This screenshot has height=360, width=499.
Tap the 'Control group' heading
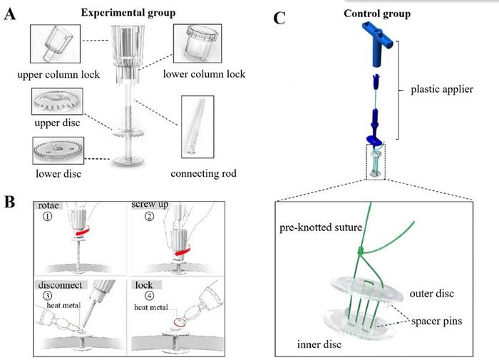pos(376,14)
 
